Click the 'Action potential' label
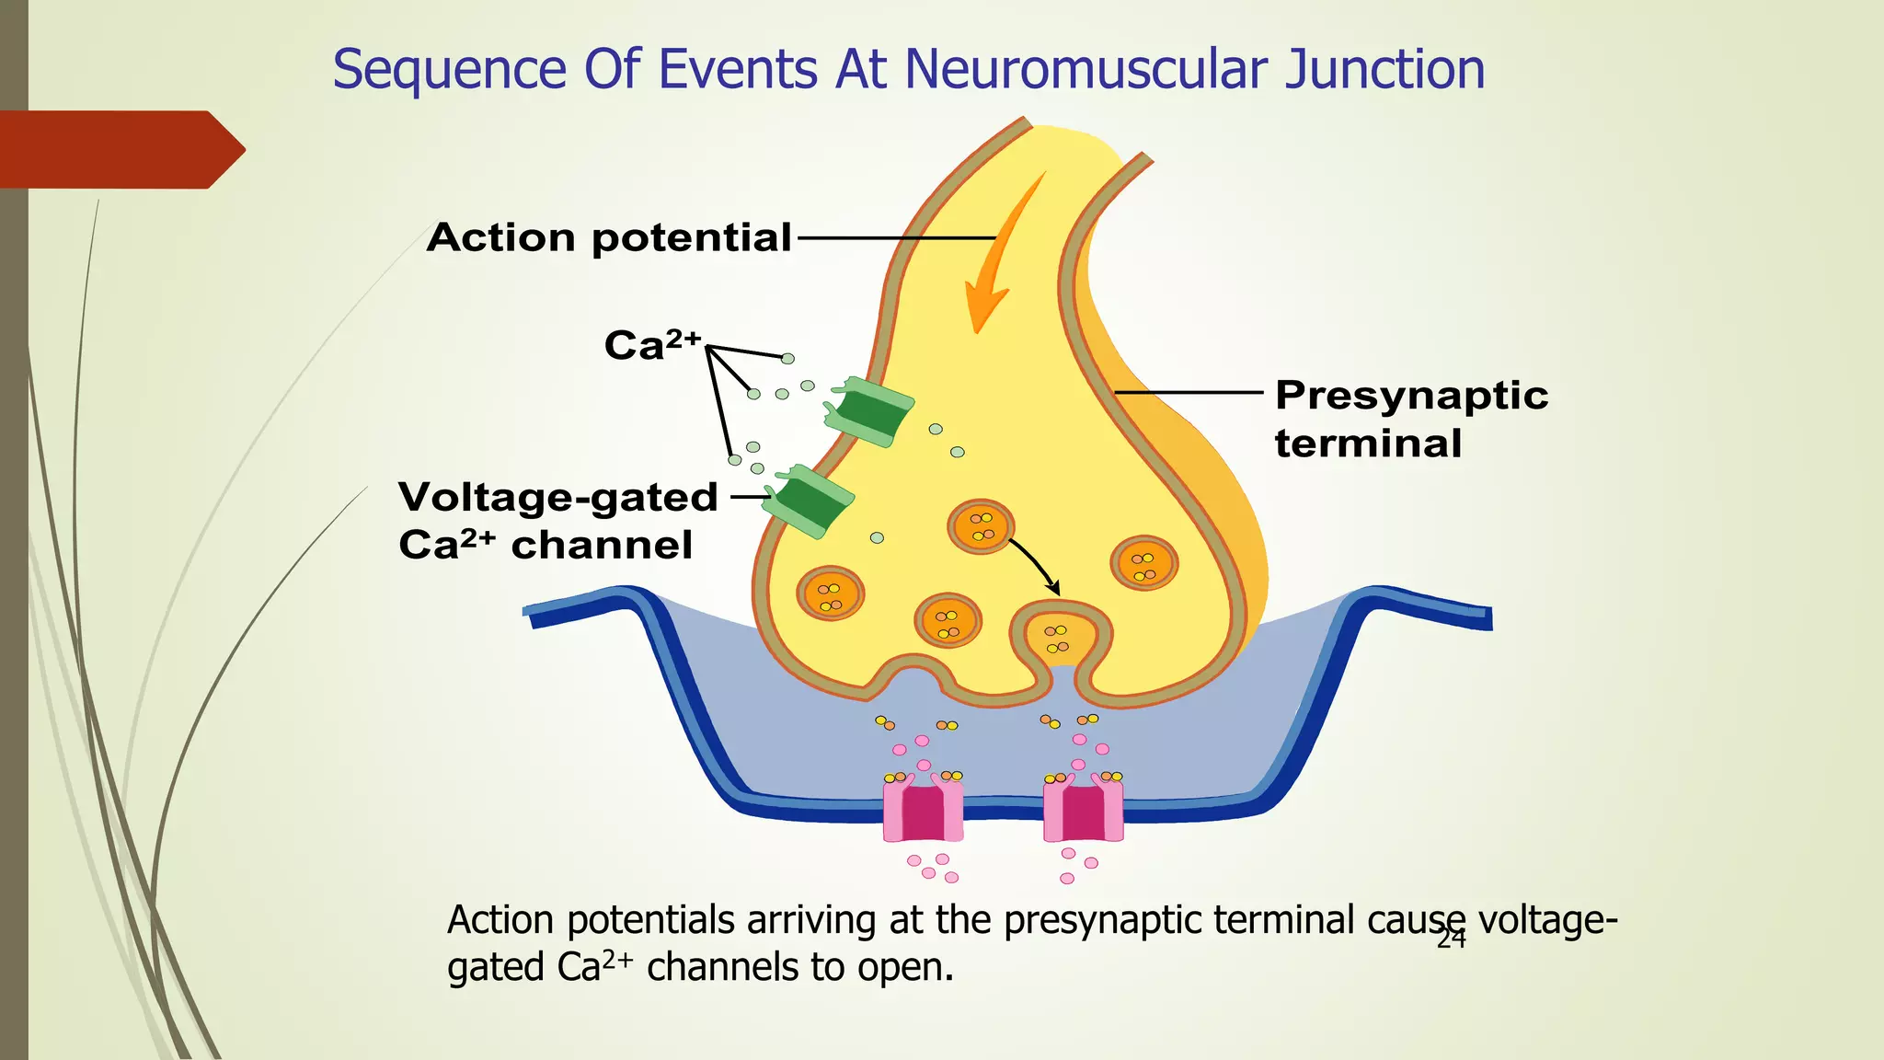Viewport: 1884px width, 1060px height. coord(608,237)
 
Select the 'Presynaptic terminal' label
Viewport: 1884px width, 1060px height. coord(1410,419)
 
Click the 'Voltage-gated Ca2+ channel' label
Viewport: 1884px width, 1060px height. coord(557,521)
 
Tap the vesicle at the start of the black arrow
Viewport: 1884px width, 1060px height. coord(981,526)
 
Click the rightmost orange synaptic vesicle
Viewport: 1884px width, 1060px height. coord(1144,563)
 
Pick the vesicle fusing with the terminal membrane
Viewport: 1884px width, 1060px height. coord(1058,638)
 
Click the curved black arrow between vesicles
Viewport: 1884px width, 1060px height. coord(1035,564)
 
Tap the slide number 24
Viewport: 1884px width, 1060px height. coord(1451,939)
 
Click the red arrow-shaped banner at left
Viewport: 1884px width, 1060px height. coord(120,149)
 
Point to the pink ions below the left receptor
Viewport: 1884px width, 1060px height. coord(932,867)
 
